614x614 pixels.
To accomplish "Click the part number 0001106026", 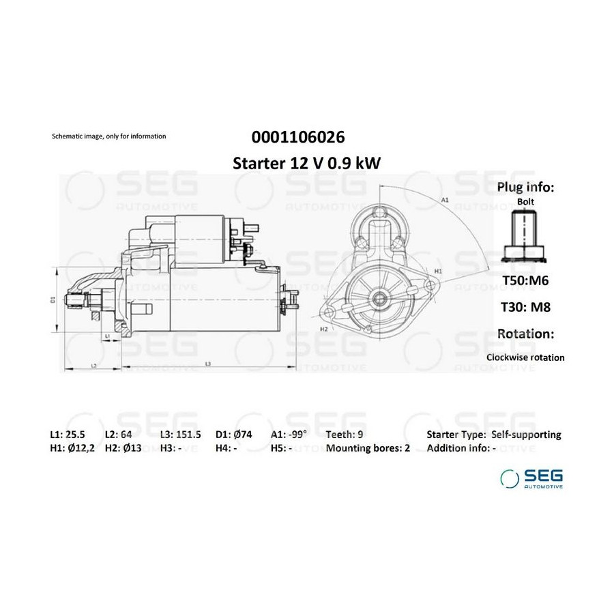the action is tap(298, 137).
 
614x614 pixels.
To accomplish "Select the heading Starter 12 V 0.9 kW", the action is tap(306, 163).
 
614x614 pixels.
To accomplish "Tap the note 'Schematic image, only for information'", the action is tap(109, 136).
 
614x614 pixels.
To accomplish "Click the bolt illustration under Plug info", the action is tap(525, 236).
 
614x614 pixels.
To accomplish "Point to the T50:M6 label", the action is tap(525, 280).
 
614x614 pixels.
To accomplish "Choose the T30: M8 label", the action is tap(525, 307).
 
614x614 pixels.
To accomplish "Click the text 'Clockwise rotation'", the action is tap(525, 357).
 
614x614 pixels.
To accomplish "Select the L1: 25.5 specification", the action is tap(68, 435).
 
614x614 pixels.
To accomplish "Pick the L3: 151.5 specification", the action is tap(181, 435).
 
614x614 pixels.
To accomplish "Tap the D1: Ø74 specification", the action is tap(234, 435).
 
